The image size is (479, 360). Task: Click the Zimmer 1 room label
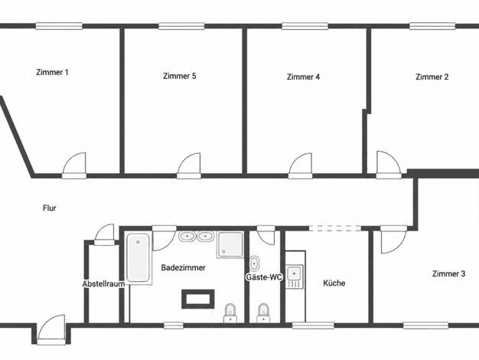tap(52, 73)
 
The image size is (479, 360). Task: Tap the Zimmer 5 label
tap(180, 76)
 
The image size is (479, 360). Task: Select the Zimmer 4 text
tap(303, 77)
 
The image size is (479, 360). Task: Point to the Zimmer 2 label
tap(432, 77)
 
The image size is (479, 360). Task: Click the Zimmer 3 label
tap(448, 273)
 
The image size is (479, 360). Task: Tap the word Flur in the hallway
tap(50, 208)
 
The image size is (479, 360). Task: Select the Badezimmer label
tap(184, 268)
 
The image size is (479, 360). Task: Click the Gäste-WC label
tap(265, 277)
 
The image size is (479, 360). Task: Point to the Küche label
tap(334, 283)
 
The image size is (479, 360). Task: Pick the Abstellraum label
tap(103, 284)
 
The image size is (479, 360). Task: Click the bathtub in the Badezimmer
tap(138, 258)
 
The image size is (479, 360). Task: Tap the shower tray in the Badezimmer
tap(230, 244)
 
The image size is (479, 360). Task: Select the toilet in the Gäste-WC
tap(263, 313)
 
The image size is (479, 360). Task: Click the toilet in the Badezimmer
tap(230, 313)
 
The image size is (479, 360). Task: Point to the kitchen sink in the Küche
tap(295, 277)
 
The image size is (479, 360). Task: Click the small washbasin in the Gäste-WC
tap(254, 263)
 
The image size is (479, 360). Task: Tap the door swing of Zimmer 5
tap(190, 165)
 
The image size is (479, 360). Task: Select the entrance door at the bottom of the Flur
tap(52, 329)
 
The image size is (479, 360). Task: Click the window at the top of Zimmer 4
tap(305, 26)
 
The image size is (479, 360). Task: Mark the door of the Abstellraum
tap(105, 235)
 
